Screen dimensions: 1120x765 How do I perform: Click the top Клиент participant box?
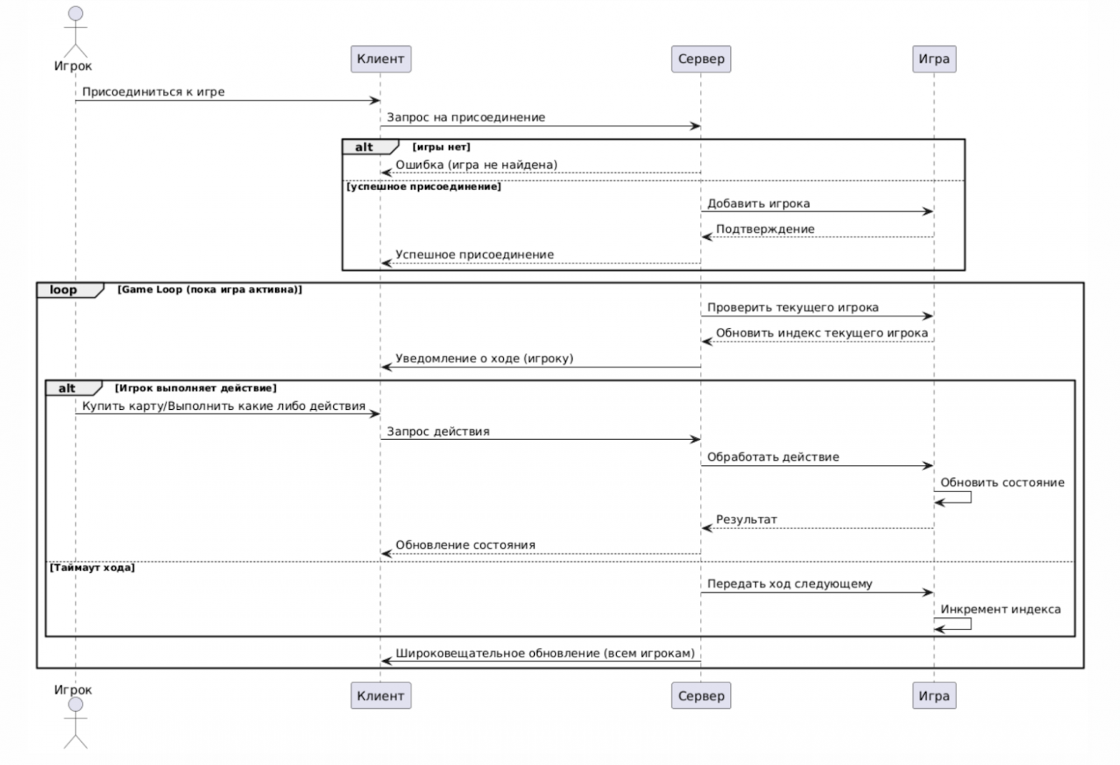(x=381, y=59)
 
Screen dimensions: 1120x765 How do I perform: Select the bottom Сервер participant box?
(x=701, y=695)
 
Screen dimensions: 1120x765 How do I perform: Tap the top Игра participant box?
(x=934, y=59)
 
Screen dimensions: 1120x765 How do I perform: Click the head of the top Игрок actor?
(x=75, y=14)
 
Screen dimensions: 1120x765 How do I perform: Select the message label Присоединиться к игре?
(x=153, y=92)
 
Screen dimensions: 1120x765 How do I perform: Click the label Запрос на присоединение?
(x=465, y=118)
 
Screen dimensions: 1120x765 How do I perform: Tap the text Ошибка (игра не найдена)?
(x=476, y=164)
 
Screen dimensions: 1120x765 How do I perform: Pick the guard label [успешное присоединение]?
(x=424, y=187)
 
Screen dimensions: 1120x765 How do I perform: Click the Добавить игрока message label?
(x=758, y=203)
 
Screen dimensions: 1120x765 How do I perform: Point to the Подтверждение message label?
(x=765, y=230)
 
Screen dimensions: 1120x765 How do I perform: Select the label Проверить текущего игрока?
(x=793, y=308)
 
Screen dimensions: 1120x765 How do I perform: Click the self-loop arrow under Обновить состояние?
(x=970, y=497)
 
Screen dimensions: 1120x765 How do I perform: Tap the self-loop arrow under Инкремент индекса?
(x=970, y=624)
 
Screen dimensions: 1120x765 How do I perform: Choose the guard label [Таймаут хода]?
(x=92, y=568)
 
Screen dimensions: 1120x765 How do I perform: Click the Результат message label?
(x=746, y=520)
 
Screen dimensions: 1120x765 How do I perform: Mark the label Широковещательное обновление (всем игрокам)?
(x=545, y=654)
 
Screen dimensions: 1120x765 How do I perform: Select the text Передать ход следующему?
(x=790, y=583)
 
